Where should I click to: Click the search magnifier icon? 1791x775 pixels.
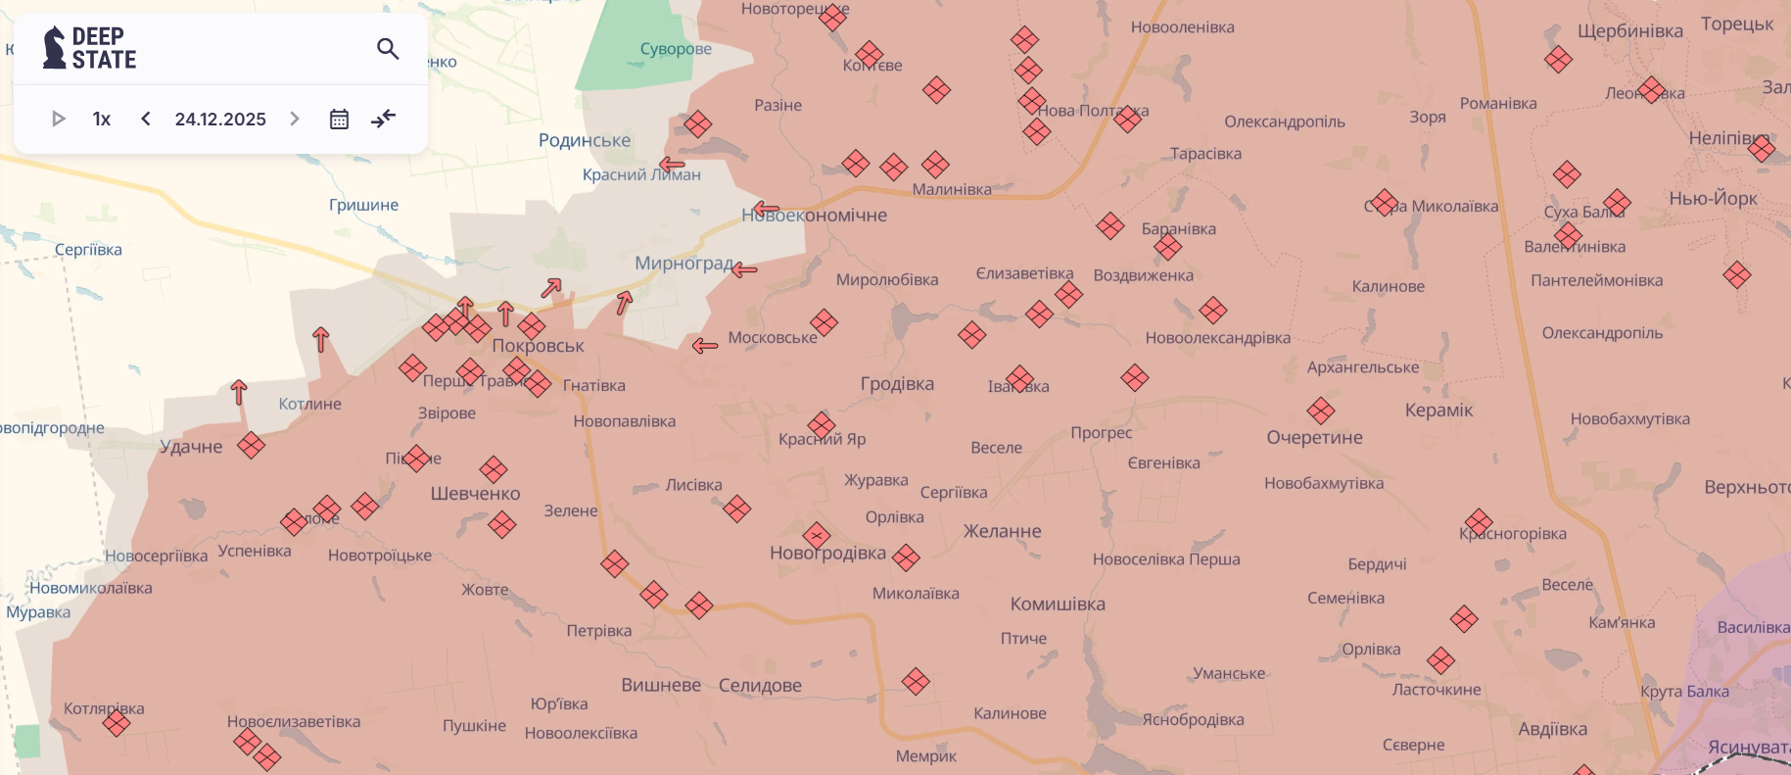tap(388, 48)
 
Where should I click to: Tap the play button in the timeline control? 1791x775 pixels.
tap(59, 119)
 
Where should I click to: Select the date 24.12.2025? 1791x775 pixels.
tap(220, 119)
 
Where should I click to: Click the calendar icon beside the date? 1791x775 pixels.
tap(339, 119)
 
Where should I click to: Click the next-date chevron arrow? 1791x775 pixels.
tap(295, 119)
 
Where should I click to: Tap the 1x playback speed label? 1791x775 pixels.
tap(102, 119)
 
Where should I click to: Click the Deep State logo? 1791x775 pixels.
tap(90, 48)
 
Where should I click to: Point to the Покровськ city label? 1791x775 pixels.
tap(538, 346)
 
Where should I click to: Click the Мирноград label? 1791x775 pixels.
tap(683, 263)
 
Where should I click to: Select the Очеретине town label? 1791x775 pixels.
tap(1314, 437)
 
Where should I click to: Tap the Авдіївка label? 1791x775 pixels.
tap(1552, 729)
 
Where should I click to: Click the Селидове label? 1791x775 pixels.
tap(760, 686)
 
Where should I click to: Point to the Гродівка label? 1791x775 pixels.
tap(897, 384)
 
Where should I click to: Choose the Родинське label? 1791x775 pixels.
tap(585, 140)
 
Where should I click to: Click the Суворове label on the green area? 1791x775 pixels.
tap(676, 49)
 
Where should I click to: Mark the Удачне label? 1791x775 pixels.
tap(191, 447)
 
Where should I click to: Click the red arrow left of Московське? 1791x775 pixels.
tap(705, 345)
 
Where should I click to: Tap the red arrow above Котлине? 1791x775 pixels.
tap(320, 340)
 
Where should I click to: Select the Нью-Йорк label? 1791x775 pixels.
tap(1713, 198)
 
